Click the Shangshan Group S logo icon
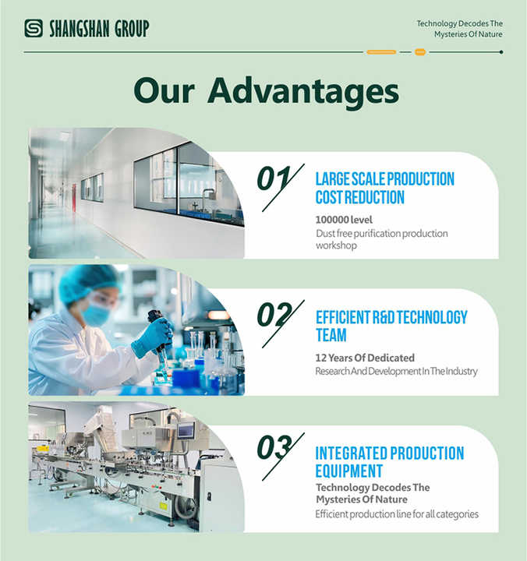point(34,28)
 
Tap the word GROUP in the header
point(132,29)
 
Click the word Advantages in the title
point(303,92)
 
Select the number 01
point(274,178)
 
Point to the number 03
point(274,447)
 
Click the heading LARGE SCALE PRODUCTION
point(385,179)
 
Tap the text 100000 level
point(344,220)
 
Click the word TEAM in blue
point(331,335)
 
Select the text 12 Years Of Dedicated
point(365,358)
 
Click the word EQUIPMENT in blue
point(349,471)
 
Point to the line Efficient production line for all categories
point(397,514)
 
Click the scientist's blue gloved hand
point(153,337)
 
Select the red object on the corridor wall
point(74,197)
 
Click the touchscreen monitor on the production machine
point(186,430)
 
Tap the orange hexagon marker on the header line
point(420,52)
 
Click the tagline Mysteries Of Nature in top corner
point(469,34)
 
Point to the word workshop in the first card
point(336,245)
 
